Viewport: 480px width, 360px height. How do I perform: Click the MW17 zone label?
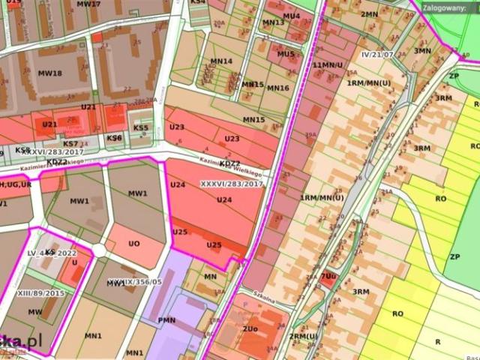88,4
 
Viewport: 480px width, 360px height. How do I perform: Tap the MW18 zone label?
49,73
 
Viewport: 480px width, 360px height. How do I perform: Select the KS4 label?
198,2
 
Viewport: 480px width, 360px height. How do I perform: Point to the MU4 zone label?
291,16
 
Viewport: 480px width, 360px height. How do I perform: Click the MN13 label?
273,22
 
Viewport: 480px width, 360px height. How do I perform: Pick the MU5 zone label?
286,54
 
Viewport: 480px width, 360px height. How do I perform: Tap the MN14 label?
221,61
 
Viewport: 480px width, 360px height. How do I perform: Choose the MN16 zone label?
277,88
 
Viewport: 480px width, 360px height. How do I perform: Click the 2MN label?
369,14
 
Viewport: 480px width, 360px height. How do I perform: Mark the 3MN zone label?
423,50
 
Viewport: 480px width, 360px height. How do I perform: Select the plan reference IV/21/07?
377,55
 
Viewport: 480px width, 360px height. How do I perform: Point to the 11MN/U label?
328,65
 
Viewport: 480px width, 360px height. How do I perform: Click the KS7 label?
70,143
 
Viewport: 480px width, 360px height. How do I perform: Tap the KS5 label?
141,127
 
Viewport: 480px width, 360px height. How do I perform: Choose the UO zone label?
134,244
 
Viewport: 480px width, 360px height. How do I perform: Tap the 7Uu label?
328,276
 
